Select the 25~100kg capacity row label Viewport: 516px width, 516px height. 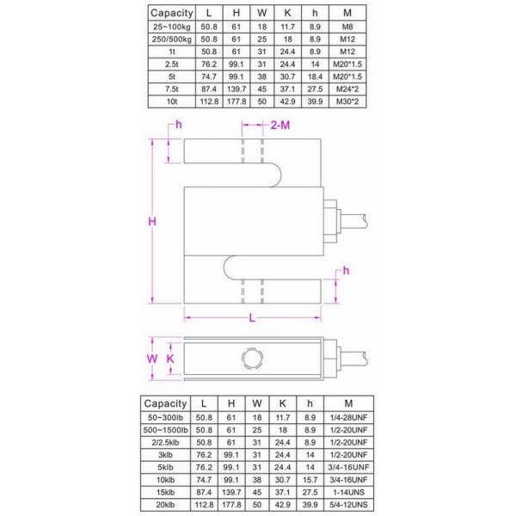[172, 27]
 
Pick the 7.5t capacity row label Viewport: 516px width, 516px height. [172, 89]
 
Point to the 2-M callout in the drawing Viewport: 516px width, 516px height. [281, 126]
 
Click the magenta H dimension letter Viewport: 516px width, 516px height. [151, 221]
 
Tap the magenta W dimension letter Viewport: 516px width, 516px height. [152, 358]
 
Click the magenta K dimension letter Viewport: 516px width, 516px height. [170, 358]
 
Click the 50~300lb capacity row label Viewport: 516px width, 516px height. [166, 416]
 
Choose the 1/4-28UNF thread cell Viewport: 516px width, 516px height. [347, 416]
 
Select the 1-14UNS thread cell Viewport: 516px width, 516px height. [347, 491]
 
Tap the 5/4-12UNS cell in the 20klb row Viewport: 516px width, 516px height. [347, 504]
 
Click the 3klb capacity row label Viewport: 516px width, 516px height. [166, 454]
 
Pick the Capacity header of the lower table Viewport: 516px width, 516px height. [166, 402]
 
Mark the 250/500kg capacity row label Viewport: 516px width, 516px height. [172, 39]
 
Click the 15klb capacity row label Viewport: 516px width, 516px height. [166, 491]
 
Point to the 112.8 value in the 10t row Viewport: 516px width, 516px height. [209, 101]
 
